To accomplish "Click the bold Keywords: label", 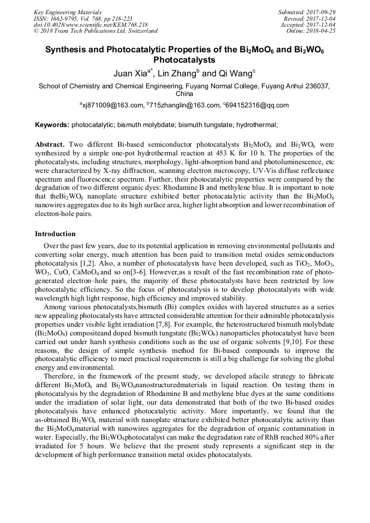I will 52,125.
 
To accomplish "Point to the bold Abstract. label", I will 50,145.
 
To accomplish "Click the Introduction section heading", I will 55,234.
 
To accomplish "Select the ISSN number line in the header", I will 77,18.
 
